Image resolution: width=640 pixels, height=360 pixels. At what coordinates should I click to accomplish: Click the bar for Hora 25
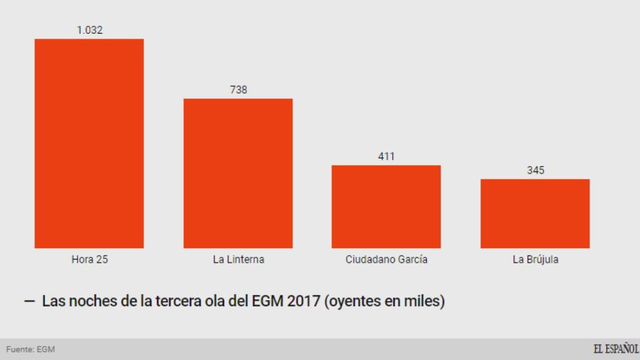click(89, 143)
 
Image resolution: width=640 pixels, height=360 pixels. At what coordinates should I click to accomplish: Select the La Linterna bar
click(237, 173)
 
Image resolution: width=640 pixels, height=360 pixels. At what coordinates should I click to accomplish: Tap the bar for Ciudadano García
click(386, 206)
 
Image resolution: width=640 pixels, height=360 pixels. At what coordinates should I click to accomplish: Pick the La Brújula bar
click(535, 213)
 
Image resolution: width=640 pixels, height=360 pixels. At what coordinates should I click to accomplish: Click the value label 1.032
click(89, 30)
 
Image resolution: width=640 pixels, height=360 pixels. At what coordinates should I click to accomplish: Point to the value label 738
click(238, 90)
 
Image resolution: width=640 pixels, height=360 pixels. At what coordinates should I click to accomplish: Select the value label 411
click(386, 156)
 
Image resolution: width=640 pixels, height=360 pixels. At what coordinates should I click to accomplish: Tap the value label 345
click(535, 170)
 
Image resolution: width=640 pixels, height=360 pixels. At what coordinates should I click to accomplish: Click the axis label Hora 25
click(89, 259)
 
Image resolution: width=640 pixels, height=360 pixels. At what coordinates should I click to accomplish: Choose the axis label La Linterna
click(238, 259)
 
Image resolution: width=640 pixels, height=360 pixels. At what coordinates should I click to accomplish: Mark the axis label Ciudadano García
click(386, 259)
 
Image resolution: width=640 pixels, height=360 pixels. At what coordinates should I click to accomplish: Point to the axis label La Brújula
click(535, 259)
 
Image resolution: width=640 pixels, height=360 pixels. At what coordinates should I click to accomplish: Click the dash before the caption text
click(29, 301)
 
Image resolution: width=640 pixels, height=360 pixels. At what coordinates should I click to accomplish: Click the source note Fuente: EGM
click(31, 349)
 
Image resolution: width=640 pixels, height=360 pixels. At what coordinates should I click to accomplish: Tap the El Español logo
click(615, 349)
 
